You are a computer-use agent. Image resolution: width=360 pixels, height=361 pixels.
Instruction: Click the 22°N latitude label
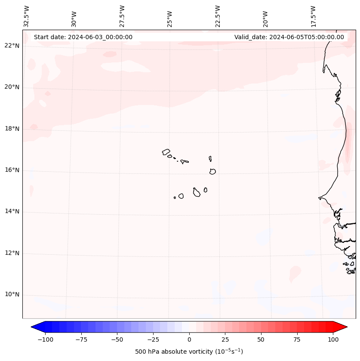coord(12,46)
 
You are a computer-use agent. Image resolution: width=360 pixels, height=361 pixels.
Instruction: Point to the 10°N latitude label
coord(12,295)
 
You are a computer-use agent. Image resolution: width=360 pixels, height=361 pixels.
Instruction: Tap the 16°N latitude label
coord(12,170)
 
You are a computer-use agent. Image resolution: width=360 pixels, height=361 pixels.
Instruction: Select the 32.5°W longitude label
coord(27,16)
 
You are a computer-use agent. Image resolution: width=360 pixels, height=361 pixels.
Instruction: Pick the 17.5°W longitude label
coord(313,16)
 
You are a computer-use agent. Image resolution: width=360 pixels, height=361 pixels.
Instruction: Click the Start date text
coord(83,37)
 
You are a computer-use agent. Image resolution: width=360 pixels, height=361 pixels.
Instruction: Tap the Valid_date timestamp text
coord(289,37)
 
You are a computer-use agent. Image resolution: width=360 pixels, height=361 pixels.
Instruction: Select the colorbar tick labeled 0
coord(189,339)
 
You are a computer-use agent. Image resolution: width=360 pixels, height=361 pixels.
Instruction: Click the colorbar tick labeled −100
coord(45,339)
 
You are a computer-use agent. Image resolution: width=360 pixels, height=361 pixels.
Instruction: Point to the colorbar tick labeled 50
coord(261,339)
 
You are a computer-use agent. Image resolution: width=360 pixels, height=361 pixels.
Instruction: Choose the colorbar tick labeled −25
coord(153,339)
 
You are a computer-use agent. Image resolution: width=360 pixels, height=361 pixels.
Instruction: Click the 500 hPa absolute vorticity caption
coord(189,352)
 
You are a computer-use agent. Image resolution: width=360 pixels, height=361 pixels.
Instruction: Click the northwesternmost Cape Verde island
coord(166,151)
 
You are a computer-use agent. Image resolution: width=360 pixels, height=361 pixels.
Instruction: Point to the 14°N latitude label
coord(12,212)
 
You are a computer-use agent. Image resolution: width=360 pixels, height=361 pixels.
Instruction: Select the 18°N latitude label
coord(12,129)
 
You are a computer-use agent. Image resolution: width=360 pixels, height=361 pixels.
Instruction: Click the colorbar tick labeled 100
coord(333,339)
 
